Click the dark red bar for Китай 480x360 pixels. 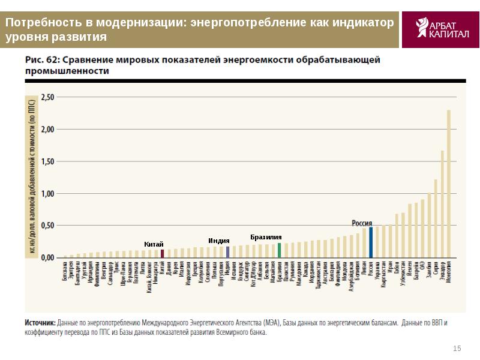tap(163, 253)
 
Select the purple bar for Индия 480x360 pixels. tap(228, 251)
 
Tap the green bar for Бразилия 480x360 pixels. tap(280, 250)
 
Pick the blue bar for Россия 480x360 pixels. tap(371, 242)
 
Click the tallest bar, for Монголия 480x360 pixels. tap(448, 184)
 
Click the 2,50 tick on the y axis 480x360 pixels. tap(46, 97)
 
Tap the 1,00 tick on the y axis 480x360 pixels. tap(46, 194)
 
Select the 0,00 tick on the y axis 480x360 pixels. tap(46, 258)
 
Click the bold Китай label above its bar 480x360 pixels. tap(154, 244)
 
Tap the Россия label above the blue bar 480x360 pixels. tap(362, 222)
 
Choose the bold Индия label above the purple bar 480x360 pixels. tap(219, 240)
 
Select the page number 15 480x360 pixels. tap(457, 349)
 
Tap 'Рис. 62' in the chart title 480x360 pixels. tap(40, 60)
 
